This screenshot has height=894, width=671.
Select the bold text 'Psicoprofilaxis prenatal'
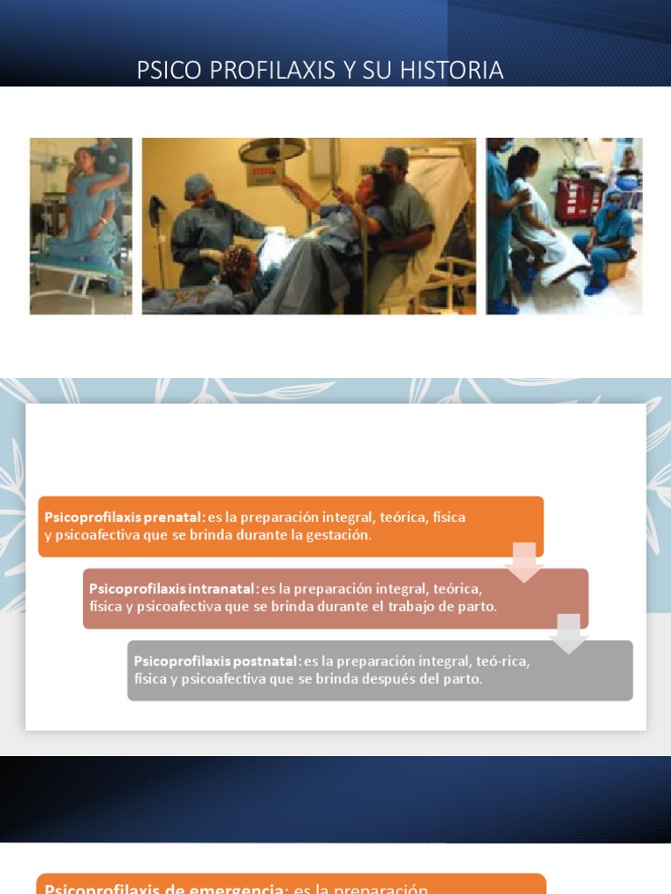click(x=124, y=517)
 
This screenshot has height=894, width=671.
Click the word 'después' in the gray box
click(x=388, y=678)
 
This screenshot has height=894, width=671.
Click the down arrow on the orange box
click(x=524, y=560)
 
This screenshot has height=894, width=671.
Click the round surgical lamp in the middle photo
click(x=272, y=150)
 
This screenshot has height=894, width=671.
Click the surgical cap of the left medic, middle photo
click(x=197, y=185)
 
